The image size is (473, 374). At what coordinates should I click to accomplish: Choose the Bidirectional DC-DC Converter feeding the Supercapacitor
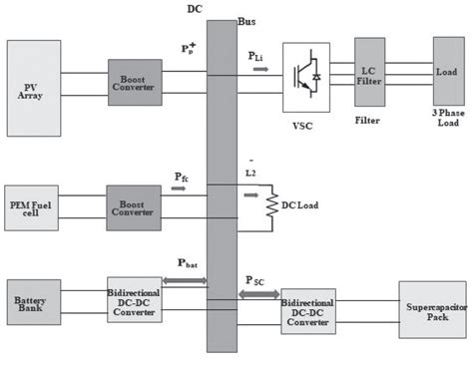pyautogui.click(x=307, y=311)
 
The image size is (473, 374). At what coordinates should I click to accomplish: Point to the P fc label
pyautogui.click(x=181, y=177)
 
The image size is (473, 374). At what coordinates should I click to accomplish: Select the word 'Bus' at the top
pyautogui.click(x=246, y=21)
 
